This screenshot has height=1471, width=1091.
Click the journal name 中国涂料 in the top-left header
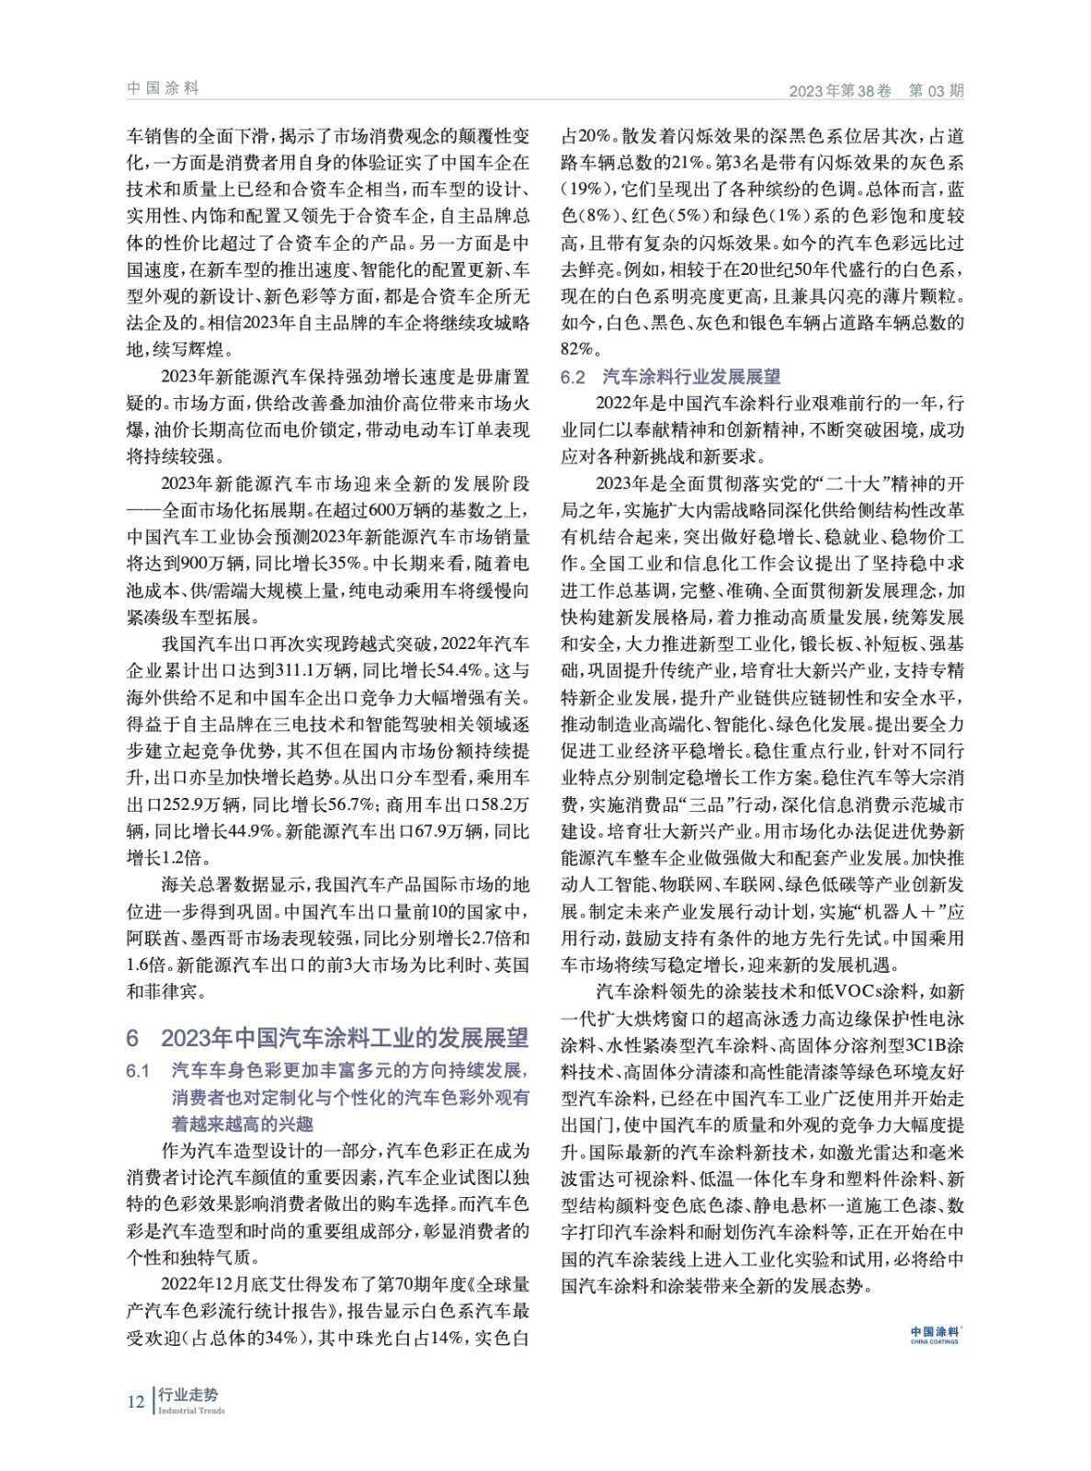click(163, 88)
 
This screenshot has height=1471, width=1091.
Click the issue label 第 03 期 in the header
click(936, 91)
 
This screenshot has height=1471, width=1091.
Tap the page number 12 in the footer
click(135, 1401)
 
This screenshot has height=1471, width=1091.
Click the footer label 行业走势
click(188, 1395)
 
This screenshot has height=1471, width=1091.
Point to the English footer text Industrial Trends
click(191, 1410)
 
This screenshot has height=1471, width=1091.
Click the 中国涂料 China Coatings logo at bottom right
click(934, 1334)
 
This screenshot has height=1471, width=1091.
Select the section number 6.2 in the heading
click(573, 377)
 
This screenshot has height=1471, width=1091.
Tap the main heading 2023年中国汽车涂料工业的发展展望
click(345, 1037)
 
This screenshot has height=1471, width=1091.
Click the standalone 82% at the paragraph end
click(579, 350)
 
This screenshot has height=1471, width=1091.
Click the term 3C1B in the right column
click(926, 1045)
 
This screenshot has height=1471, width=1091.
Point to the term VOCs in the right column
click(858, 992)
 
